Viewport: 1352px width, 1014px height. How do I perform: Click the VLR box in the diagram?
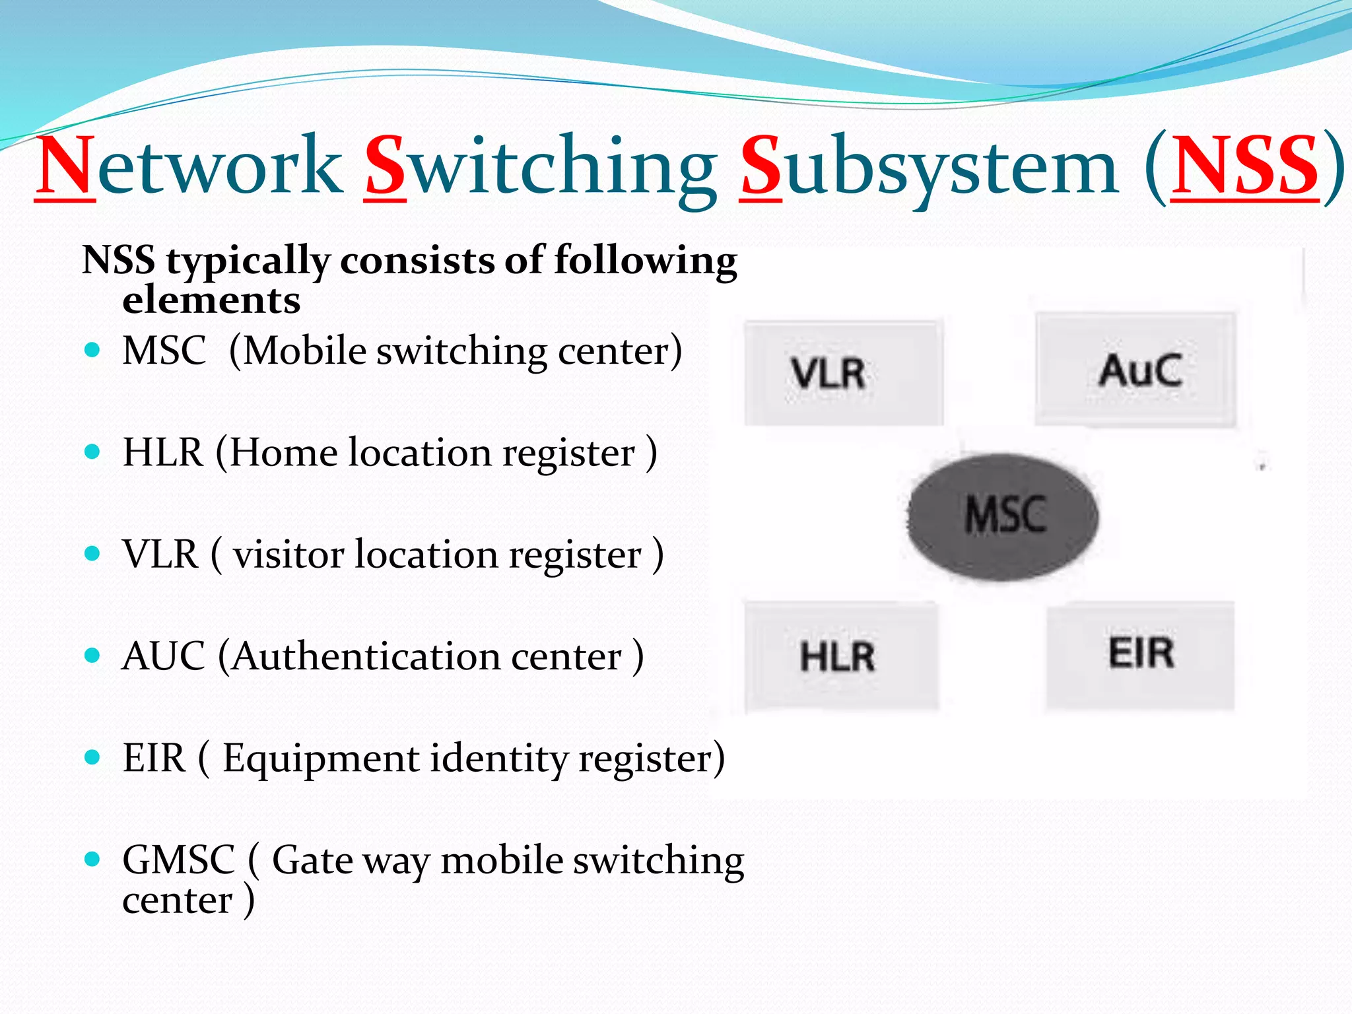[844, 374]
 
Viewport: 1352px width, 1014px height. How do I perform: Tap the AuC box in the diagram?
[1135, 370]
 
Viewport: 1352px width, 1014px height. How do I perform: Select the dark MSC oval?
[1003, 516]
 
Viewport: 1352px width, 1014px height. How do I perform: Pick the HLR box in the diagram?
[841, 656]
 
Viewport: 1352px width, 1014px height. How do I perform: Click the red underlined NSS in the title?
[1244, 166]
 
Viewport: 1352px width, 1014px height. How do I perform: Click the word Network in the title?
[189, 166]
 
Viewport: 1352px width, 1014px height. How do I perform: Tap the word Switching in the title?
[541, 166]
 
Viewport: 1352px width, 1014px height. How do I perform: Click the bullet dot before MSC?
[92, 350]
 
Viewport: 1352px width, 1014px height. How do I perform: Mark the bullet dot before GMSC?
[92, 860]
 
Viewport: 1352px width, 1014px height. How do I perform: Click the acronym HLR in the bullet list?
[163, 453]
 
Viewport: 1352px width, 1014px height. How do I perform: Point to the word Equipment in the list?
[321, 759]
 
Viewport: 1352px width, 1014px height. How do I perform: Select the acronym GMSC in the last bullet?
[179, 860]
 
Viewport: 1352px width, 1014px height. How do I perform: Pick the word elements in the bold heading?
[211, 301]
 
